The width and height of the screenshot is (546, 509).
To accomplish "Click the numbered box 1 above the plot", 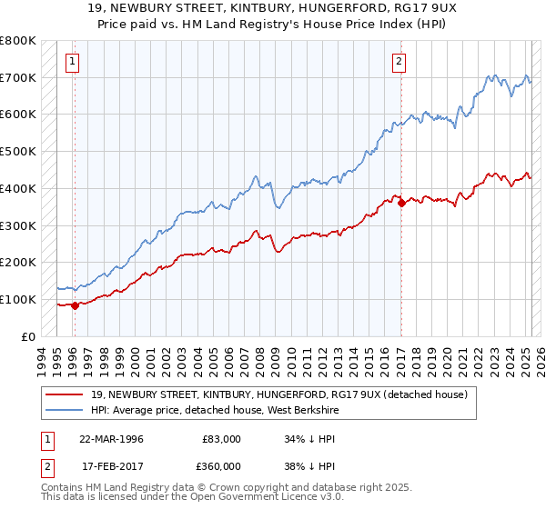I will click(73, 63).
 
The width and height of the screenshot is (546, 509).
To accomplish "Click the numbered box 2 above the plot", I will click(399, 63).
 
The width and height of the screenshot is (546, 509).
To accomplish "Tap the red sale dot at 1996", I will click(75, 305).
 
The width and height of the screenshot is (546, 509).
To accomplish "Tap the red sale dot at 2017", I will click(401, 203).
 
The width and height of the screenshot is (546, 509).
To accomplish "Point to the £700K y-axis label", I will click(18, 78).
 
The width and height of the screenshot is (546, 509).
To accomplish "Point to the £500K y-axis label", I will click(18, 152).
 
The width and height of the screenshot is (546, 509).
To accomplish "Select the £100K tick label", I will click(18, 299).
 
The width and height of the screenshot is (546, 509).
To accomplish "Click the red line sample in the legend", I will click(65, 394).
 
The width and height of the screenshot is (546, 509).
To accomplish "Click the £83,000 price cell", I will click(222, 439).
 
